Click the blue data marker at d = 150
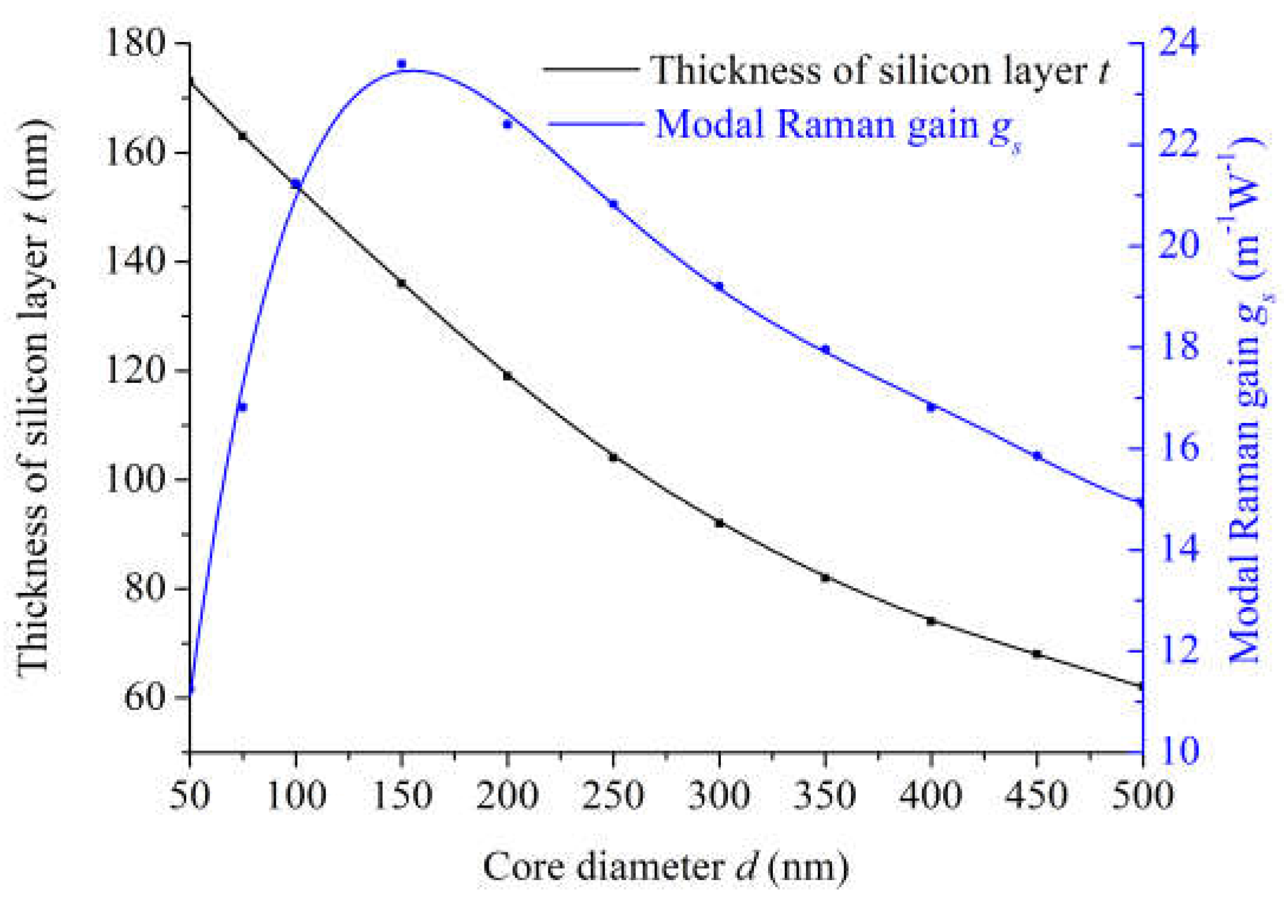pos(402,64)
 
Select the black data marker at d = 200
pos(508,376)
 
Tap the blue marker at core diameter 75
pos(242,407)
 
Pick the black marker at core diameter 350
pos(825,578)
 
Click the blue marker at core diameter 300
pos(719,286)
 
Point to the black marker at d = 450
pos(1037,654)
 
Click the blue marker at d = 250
pos(613,204)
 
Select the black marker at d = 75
pos(242,136)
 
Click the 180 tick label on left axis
pos(134,44)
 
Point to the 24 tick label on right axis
pos(1179,43)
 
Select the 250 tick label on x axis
pos(613,795)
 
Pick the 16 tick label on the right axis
pos(1179,448)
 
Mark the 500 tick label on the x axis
pos(1142,795)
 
